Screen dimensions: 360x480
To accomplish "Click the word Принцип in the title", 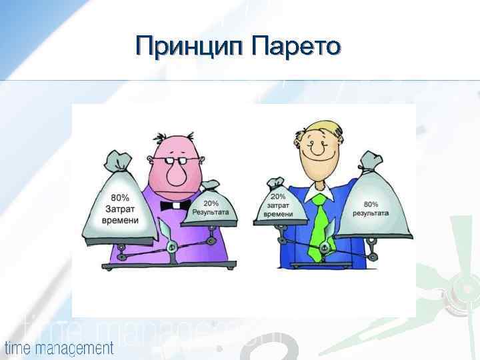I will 189,46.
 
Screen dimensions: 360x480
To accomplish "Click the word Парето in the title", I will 297,46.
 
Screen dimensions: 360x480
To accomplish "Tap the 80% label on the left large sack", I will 120,198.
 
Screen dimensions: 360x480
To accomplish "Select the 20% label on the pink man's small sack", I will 211,203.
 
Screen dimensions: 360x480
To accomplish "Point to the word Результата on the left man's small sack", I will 211,212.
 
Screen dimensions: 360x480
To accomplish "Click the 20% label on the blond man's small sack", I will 278,197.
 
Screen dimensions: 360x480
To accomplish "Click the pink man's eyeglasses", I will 176,161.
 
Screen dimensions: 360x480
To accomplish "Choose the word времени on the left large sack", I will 121,221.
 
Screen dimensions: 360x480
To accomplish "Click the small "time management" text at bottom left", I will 59,347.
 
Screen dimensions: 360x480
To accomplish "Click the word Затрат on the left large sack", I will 121,209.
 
